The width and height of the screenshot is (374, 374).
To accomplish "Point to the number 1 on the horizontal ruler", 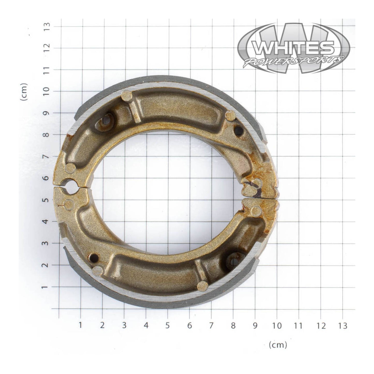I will click(80, 326).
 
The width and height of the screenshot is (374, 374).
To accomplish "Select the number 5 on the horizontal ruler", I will click(168, 326).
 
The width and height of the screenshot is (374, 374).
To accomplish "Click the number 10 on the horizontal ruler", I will click(277, 326).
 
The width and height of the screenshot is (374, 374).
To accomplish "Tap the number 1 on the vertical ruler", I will click(48, 287).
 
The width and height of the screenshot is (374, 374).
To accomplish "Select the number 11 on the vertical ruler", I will click(48, 70).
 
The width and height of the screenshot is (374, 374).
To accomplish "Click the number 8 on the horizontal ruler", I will click(233, 326).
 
